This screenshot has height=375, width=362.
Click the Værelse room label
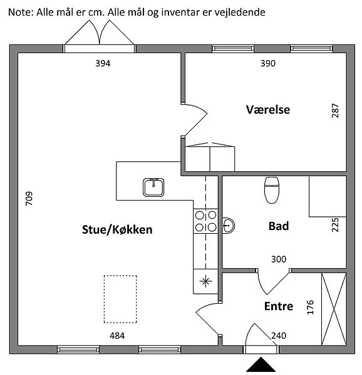[x=268, y=109]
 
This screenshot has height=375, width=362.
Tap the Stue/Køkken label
[x=117, y=229]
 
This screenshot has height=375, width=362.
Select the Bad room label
[x=279, y=226]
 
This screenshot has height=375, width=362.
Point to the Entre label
[x=279, y=306]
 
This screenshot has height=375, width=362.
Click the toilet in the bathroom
[x=272, y=190]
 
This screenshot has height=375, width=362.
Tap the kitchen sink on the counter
[x=153, y=187]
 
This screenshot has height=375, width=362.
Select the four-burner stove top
[x=205, y=221]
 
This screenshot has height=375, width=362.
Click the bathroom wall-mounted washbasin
[x=229, y=225]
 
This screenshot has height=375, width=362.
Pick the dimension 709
[x=29, y=198]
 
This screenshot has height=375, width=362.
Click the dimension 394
[x=103, y=63]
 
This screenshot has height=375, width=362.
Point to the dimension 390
[x=268, y=63]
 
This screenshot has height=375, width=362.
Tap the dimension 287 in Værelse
[x=335, y=110]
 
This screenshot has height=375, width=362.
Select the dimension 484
[x=117, y=336]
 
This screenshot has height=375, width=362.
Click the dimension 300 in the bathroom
[x=279, y=259]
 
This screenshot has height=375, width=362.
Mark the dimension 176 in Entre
[x=310, y=307]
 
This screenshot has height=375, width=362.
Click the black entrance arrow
[x=261, y=364]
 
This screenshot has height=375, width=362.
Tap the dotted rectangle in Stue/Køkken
[x=120, y=299]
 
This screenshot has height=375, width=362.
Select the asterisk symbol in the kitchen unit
[x=205, y=281]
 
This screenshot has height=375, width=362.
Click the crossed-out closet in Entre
[x=334, y=309]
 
